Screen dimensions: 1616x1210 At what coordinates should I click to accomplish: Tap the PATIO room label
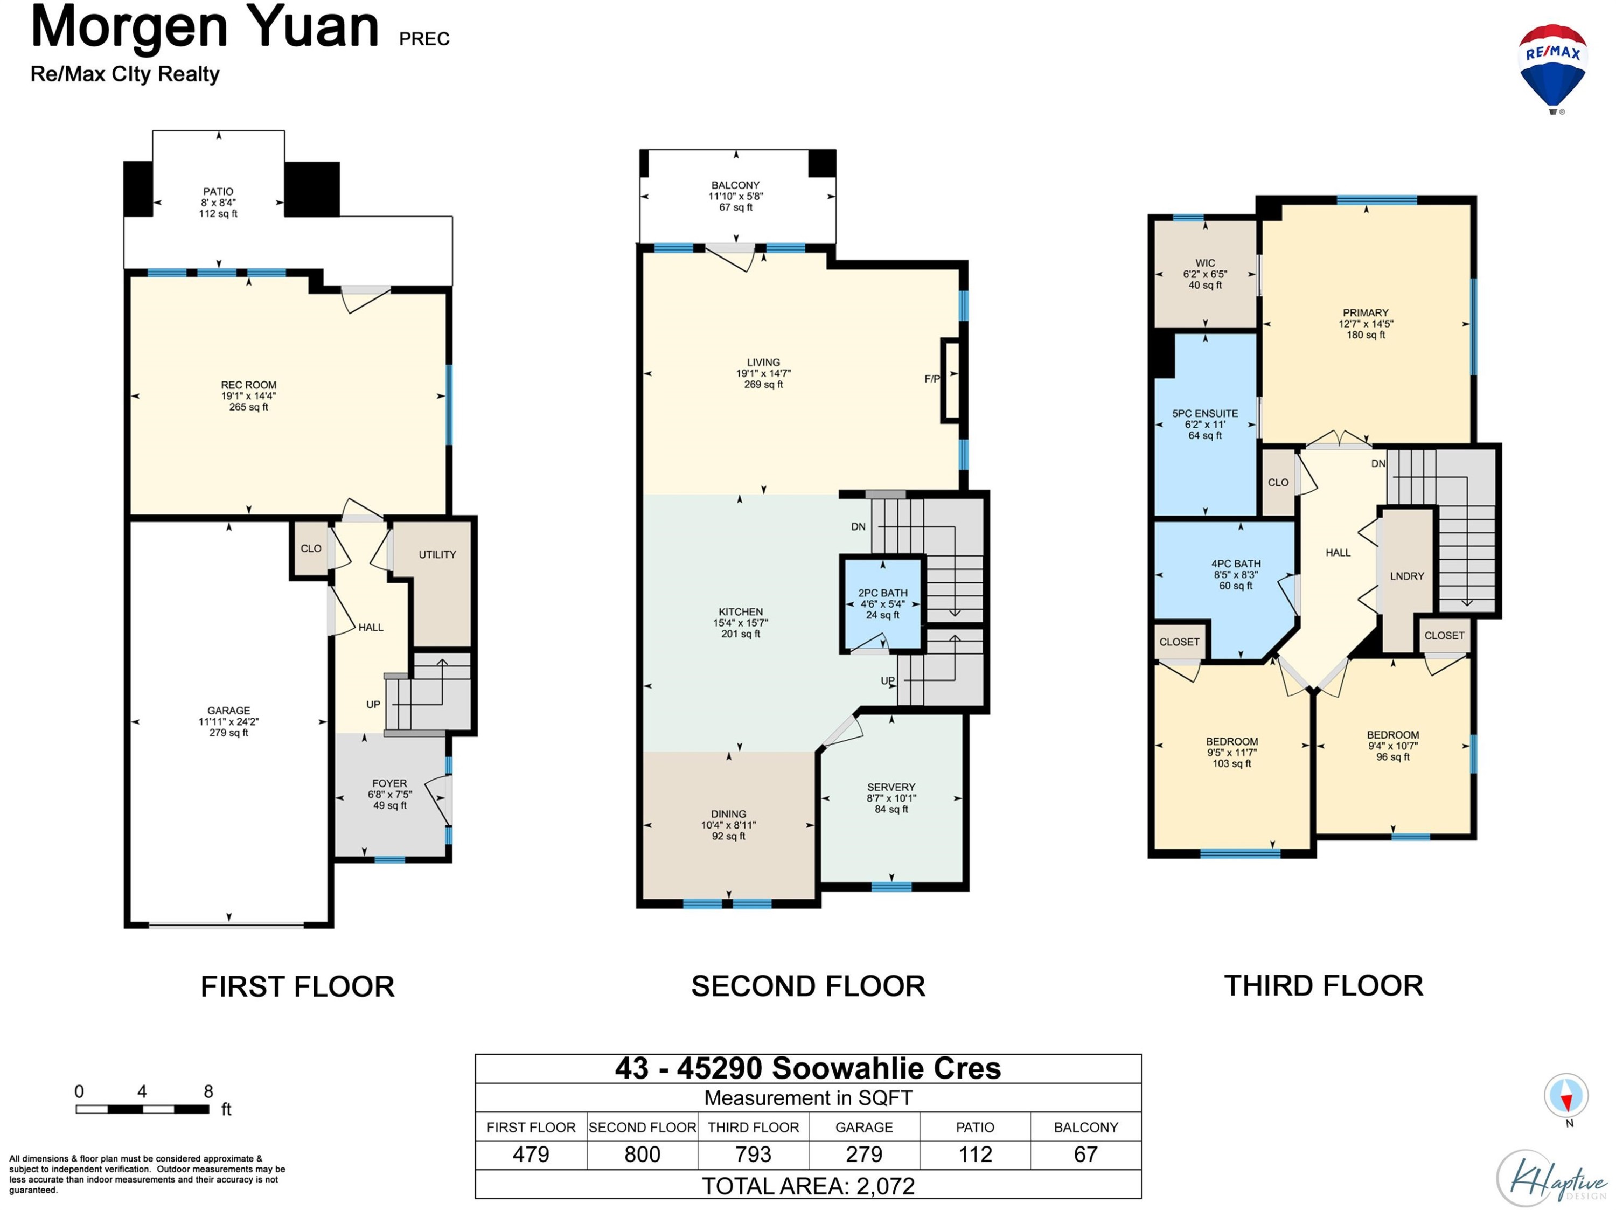click(219, 191)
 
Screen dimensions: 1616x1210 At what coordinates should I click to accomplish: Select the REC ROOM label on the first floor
click(248, 385)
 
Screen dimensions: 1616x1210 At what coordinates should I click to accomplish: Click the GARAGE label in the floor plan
click(229, 710)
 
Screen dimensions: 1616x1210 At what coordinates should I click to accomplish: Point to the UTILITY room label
click(437, 554)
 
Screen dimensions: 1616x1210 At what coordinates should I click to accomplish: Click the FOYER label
click(389, 783)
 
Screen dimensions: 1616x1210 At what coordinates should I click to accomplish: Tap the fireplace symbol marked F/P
click(950, 380)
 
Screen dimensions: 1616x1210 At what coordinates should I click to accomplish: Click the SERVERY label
click(891, 787)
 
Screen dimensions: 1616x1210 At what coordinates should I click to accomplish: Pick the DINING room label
click(728, 814)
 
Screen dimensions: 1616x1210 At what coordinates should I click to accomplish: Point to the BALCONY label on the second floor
click(736, 185)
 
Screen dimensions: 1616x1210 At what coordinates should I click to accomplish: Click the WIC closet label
click(1206, 263)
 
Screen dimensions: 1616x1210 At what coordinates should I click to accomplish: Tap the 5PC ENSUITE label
click(1206, 414)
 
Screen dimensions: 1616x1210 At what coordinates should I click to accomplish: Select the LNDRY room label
click(1407, 576)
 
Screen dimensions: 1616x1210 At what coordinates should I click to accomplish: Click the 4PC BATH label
click(1236, 564)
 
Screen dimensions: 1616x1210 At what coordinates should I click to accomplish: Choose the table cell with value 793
click(753, 1155)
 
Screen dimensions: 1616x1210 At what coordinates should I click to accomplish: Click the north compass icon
click(1565, 1096)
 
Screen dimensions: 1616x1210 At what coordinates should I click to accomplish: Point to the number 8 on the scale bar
click(208, 1091)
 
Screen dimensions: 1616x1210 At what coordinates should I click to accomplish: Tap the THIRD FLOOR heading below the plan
click(1324, 986)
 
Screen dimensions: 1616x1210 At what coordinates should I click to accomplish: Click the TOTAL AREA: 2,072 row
click(808, 1185)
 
